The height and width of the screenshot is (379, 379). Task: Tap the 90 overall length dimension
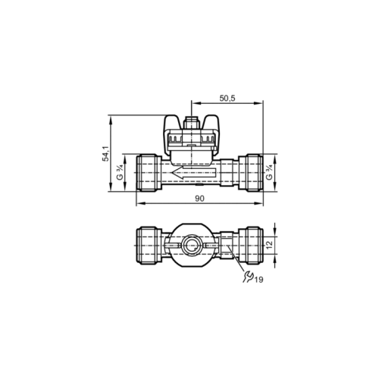199,199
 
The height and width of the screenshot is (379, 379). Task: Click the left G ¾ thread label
119,177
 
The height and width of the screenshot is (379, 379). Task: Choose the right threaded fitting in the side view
251,176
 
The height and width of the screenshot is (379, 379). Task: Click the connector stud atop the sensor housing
192,118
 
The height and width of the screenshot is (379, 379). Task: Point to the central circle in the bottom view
192,245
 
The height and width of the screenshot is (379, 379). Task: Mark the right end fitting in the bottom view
252,244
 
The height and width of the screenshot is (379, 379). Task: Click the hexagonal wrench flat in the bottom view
228,245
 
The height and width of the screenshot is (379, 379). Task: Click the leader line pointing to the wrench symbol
239,265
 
